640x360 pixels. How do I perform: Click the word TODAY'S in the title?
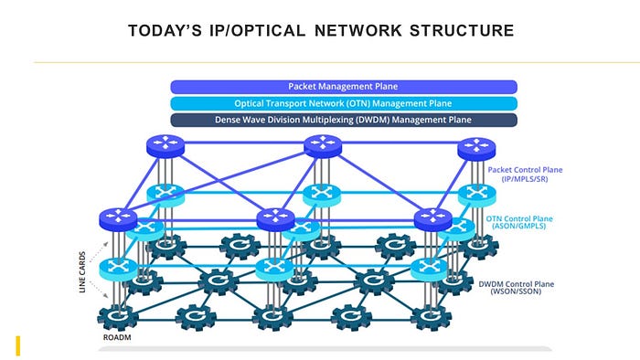click(165, 30)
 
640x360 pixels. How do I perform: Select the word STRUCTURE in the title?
click(462, 30)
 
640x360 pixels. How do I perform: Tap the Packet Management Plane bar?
click(344, 87)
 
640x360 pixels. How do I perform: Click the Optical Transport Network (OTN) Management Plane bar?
click(344, 103)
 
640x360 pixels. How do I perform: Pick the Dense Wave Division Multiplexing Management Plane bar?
click(344, 120)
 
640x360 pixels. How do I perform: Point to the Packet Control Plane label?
click(525, 175)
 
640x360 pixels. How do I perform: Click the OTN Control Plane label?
click(519, 222)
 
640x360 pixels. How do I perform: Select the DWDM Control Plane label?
click(517, 288)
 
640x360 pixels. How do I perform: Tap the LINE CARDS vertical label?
click(82, 272)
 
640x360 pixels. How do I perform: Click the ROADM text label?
click(117, 337)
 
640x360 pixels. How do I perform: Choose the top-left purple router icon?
click(165, 146)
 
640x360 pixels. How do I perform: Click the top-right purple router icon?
click(476, 149)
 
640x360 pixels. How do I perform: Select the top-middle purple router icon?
click(323, 146)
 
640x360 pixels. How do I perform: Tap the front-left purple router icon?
click(118, 219)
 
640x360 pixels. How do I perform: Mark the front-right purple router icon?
click(433, 220)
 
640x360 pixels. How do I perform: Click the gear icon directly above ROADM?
click(118, 317)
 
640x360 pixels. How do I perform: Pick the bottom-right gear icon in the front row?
click(431, 317)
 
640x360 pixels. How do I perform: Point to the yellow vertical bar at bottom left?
click(18, 345)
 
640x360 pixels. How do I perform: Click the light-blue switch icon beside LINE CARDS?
click(118, 269)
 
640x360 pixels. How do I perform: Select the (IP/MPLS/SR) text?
click(525, 179)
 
